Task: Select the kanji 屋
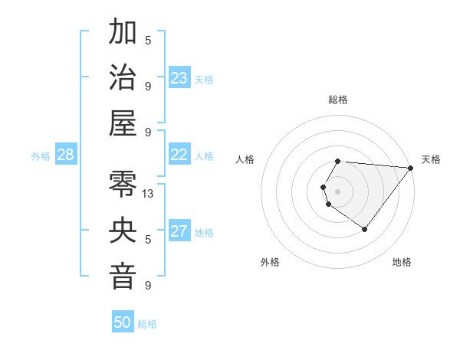point(123,123)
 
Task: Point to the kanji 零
point(123,185)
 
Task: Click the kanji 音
point(123,277)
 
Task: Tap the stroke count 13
point(149,194)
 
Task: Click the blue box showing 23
point(179,77)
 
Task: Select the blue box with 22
point(179,155)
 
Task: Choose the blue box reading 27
point(179,231)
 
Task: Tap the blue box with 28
point(65,155)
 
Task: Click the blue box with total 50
point(123,322)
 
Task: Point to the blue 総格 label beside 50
point(147,324)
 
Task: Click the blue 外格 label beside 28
point(41,156)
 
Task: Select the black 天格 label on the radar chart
point(431,159)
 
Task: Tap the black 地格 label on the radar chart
point(402,262)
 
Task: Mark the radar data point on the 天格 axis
point(411,168)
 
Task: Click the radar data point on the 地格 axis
point(364,229)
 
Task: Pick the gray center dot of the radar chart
point(337,191)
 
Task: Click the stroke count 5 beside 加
point(148,40)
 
